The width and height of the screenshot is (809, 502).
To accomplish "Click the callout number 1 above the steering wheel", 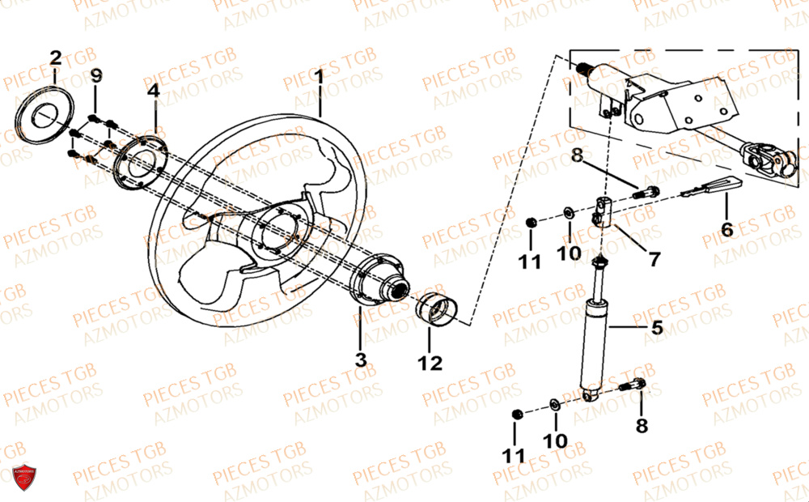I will point(320,76).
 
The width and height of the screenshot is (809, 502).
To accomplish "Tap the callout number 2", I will point(55,57).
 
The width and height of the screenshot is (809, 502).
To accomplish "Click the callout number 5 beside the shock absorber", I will point(656,328).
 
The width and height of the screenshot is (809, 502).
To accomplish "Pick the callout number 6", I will point(726,229).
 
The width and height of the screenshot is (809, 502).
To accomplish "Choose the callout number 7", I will point(653,259).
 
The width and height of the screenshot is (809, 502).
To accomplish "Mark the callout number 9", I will point(96,76).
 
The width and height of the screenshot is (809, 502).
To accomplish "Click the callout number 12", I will point(430,363).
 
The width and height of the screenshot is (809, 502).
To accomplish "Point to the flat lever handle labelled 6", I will point(710,189).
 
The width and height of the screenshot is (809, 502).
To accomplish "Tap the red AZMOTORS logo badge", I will point(24,479).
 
